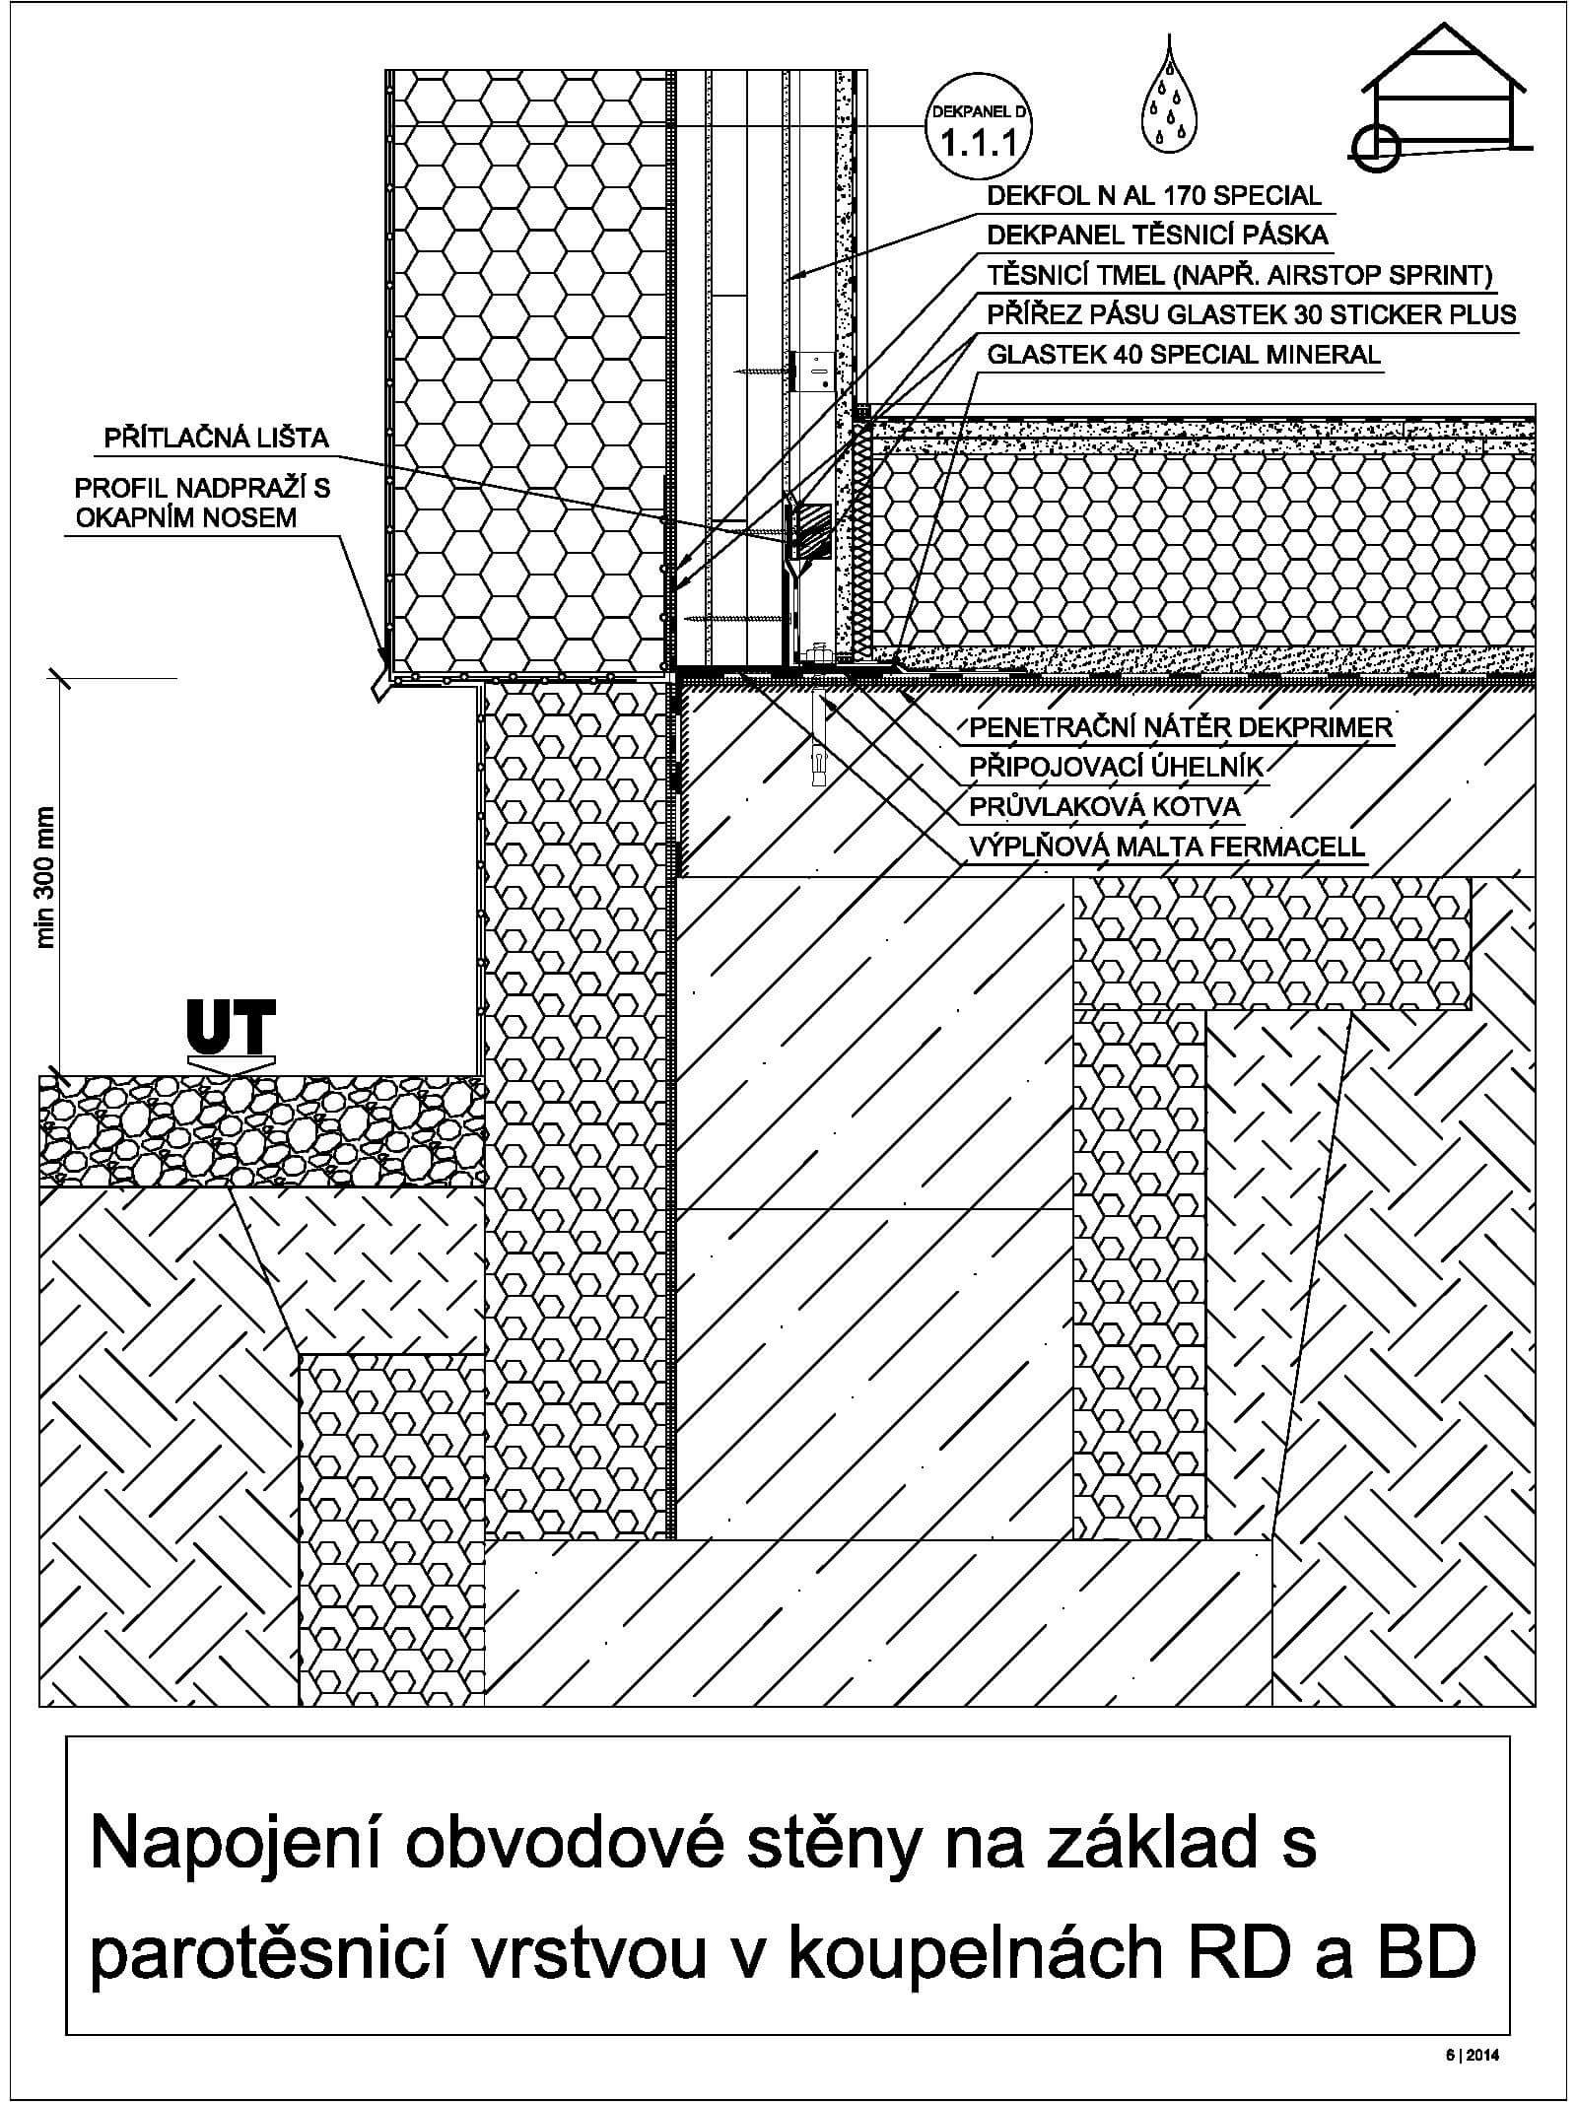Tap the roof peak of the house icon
point(1442,26)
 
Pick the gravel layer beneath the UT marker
point(261,1131)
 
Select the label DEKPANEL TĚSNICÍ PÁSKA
point(1157,235)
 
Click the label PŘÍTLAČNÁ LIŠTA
point(217,438)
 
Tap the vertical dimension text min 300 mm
point(44,877)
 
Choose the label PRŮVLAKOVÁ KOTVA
point(1104,807)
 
